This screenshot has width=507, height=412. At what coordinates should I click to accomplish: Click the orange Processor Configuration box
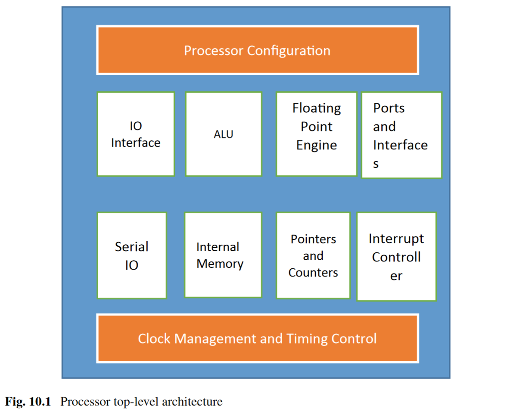coord(257,50)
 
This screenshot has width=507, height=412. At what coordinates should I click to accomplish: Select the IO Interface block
coord(136,134)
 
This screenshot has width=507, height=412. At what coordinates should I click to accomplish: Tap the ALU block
coord(224,134)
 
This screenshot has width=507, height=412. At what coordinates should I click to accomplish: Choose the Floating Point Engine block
coord(316,134)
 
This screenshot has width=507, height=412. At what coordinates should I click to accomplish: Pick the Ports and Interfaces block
coord(401,135)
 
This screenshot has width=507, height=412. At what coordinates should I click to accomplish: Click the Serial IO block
coord(132,255)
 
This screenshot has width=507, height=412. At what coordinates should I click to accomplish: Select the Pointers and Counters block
coord(313,255)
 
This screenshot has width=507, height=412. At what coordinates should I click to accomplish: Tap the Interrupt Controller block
coord(396,256)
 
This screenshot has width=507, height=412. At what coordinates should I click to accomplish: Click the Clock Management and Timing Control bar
coord(257,338)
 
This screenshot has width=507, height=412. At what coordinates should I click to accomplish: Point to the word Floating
coord(316,108)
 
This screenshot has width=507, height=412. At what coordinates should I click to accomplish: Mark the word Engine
coord(316,145)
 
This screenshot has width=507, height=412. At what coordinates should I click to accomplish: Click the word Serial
coord(131,247)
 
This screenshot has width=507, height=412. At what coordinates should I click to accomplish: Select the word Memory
coord(220,264)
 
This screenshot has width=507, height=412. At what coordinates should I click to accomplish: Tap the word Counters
coord(313,273)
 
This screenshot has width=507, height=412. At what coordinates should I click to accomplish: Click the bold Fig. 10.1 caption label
coord(28,402)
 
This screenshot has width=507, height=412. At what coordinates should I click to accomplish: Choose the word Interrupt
coord(396,239)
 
